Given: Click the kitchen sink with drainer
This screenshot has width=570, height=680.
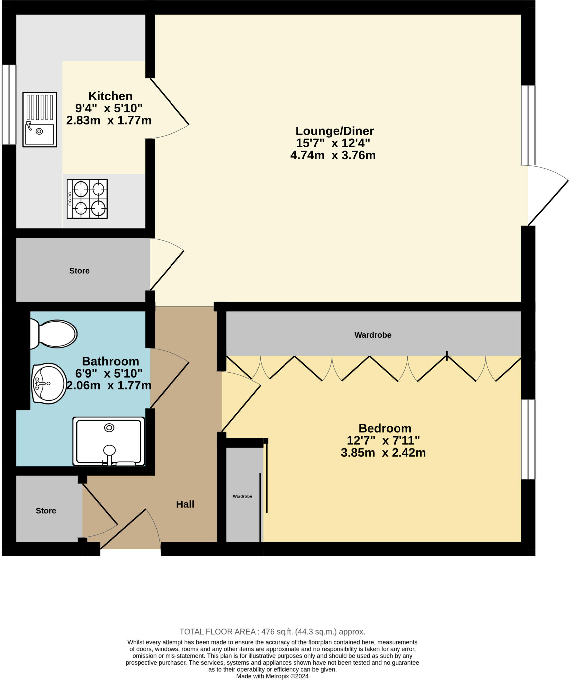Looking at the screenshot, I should (x=40, y=120).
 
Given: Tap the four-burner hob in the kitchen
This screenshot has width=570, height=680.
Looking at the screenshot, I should (x=87, y=199).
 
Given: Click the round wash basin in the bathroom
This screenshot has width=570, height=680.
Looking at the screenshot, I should (x=49, y=383).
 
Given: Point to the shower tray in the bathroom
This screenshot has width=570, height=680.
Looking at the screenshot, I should (x=109, y=441).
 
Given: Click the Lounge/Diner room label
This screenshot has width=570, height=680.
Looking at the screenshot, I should (x=334, y=131).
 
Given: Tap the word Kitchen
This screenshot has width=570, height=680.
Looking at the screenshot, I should (x=110, y=96).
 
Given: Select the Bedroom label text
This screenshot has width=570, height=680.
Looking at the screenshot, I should (x=385, y=428).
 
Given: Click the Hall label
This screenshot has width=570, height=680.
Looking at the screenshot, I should (x=185, y=504).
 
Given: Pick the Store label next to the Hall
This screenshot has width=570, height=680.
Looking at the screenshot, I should (x=46, y=510).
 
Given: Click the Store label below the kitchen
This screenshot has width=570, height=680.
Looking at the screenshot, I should (x=79, y=271).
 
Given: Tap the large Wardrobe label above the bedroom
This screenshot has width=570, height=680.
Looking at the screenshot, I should (x=373, y=335).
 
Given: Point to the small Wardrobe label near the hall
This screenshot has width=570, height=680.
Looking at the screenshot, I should (x=242, y=496).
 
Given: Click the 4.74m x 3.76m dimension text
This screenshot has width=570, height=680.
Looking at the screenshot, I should (x=333, y=155).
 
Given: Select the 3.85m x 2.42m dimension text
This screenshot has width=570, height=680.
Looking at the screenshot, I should (x=383, y=453).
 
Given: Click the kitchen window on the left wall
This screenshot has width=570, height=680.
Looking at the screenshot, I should (x=9, y=105).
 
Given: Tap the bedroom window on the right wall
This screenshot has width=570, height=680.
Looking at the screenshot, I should (x=528, y=439).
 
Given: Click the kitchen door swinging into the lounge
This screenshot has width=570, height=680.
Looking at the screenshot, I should (x=170, y=101).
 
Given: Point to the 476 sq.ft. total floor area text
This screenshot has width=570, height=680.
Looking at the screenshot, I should (x=272, y=631).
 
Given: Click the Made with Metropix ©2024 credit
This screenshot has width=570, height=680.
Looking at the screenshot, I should (x=272, y=676).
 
